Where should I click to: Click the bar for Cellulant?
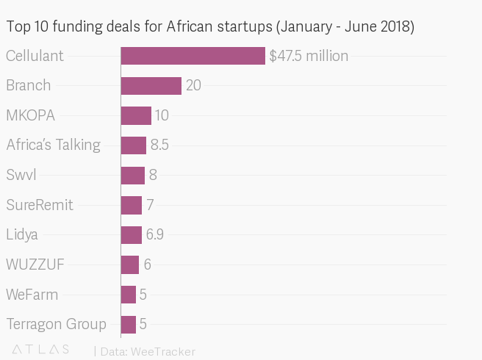click(193, 56)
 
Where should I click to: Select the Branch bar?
click(151, 86)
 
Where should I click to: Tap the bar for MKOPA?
click(136, 115)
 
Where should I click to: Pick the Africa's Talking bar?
click(133, 145)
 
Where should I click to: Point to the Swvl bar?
click(132, 176)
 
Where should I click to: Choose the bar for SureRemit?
click(131, 205)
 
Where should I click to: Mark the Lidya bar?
click(131, 235)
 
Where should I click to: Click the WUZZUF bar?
click(129, 264)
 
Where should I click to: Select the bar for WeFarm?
click(128, 295)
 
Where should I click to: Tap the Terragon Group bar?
click(128, 324)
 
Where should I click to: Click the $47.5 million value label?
click(309, 56)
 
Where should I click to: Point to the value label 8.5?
click(159, 145)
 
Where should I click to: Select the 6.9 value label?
click(154, 235)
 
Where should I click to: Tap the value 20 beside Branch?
click(193, 86)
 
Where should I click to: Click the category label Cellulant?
click(35, 56)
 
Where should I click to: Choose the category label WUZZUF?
click(35, 264)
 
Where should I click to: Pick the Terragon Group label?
click(56, 324)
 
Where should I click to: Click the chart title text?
click(210, 28)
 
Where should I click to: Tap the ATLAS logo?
click(41, 350)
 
